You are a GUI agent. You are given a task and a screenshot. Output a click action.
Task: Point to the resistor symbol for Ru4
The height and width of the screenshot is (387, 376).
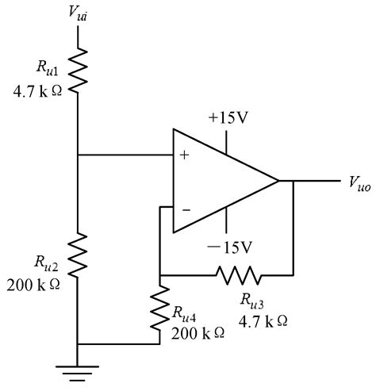[160, 305]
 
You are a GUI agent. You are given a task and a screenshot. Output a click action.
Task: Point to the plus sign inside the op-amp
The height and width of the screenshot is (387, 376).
[185, 155]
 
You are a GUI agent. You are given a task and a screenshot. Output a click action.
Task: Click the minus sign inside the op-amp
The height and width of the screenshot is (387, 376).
[185, 210]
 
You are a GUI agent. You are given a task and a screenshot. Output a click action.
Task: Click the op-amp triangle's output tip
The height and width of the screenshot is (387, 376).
[278, 182]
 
